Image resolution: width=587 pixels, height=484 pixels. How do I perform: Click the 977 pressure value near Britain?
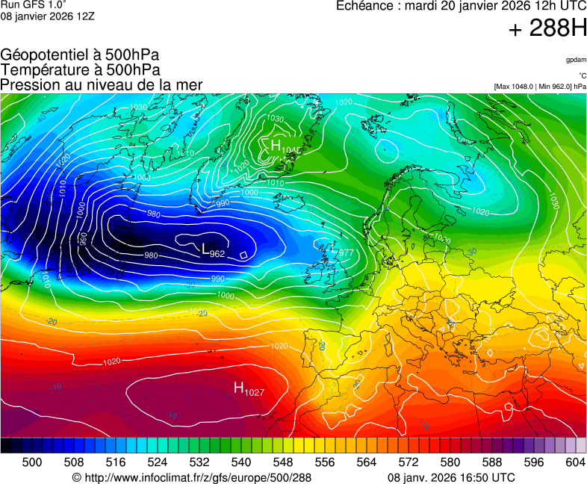click(x=345, y=253)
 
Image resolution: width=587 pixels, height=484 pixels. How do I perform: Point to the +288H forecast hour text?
click(x=547, y=29)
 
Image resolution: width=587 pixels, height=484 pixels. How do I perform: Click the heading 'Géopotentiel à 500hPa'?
click(x=80, y=55)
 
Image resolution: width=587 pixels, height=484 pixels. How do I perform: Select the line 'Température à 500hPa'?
click(x=80, y=70)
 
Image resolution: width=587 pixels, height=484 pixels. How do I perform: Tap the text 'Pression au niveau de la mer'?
click(x=102, y=85)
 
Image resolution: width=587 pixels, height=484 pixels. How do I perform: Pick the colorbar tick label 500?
click(x=32, y=462)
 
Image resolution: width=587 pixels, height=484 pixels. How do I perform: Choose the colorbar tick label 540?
click(x=241, y=462)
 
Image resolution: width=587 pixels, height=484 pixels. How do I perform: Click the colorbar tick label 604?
click(x=575, y=462)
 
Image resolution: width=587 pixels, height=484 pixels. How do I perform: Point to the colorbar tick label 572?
click(x=409, y=462)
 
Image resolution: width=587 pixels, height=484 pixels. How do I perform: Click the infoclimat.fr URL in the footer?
click(x=191, y=477)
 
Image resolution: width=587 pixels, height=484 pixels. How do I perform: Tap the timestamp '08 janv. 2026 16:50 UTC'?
click(x=451, y=477)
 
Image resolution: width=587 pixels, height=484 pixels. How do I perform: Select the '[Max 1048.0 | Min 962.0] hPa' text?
click(x=540, y=87)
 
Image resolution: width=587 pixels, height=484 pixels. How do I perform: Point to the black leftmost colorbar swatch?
click(x=6, y=445)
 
